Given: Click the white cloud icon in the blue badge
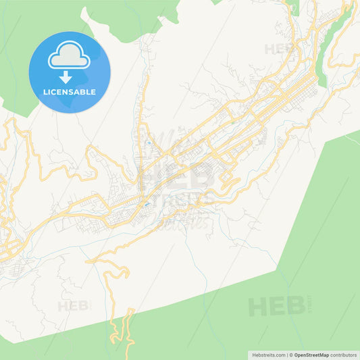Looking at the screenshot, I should pyautogui.click(x=70, y=57).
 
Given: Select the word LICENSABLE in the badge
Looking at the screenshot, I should pyautogui.click(x=70, y=92).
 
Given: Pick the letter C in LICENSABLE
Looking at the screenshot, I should pyautogui.click(x=54, y=92).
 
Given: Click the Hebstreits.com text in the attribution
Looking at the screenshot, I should pyautogui.click(x=267, y=355).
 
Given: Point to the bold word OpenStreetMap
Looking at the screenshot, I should pyautogui.click(x=311, y=355).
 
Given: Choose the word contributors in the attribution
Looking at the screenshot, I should pyautogui.click(x=344, y=355).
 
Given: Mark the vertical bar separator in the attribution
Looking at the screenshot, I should pyautogui.click(x=286, y=355).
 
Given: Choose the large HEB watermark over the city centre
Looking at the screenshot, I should pyautogui.click(x=177, y=177).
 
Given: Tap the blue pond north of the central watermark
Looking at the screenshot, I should pyautogui.click(x=148, y=144).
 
